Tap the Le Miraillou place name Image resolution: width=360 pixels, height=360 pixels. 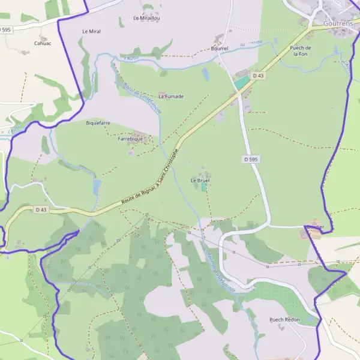[x=146, y=19]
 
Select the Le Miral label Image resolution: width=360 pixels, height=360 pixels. [x=91, y=31]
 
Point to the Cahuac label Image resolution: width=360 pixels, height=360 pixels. [x=43, y=43]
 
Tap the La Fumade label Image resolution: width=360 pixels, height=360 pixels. [x=171, y=96]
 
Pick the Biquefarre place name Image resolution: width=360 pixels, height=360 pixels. [x=98, y=123]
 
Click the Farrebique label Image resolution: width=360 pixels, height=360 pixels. [x=130, y=139]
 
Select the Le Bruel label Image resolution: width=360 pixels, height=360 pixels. [x=199, y=180]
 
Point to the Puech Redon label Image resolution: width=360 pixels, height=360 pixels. [x=284, y=320]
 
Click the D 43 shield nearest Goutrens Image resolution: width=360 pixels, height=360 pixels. [x=258, y=76]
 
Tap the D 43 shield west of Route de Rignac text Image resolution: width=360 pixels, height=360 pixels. [x=41, y=209]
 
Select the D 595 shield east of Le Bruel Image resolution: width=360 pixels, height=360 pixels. [x=251, y=159]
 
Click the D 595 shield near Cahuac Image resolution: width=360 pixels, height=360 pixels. [x=5, y=29]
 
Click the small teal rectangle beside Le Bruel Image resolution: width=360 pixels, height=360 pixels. [x=204, y=187]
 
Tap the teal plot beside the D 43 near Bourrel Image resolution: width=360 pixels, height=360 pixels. [x=242, y=83]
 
